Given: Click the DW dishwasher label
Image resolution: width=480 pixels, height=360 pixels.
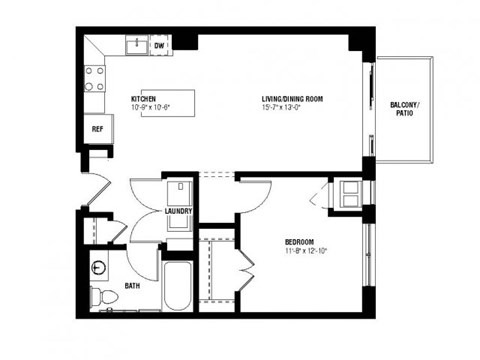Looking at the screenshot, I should (x=159, y=46).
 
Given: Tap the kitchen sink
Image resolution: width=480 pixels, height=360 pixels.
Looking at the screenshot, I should (x=133, y=45).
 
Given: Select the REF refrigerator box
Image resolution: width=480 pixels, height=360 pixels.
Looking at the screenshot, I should (x=97, y=130).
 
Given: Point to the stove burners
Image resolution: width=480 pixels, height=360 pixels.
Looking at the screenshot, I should (x=95, y=79).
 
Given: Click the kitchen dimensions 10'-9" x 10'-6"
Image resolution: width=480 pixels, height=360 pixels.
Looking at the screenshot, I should (x=151, y=109).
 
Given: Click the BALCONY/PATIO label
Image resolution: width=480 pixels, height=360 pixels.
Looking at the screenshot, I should (x=404, y=109).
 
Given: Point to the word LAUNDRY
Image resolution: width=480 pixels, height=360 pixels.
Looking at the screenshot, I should (x=180, y=212).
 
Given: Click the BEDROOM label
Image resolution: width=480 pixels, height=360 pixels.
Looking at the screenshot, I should (x=301, y=243).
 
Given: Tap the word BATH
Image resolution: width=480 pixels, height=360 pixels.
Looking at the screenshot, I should (x=132, y=286).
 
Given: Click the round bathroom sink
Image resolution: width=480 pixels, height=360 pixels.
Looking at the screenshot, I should (x=99, y=267).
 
